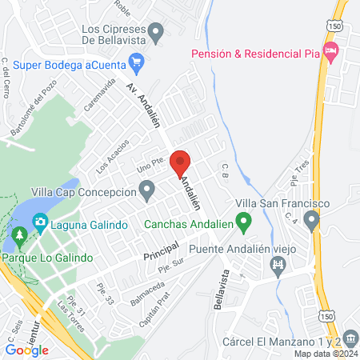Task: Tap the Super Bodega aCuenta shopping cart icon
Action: point(136,60)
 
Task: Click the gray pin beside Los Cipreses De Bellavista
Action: point(157,34)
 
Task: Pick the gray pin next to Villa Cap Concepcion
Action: point(146,190)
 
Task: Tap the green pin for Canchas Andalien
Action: point(246,218)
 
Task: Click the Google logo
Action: point(27,350)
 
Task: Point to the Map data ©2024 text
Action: point(326,353)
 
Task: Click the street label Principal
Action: point(159,253)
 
